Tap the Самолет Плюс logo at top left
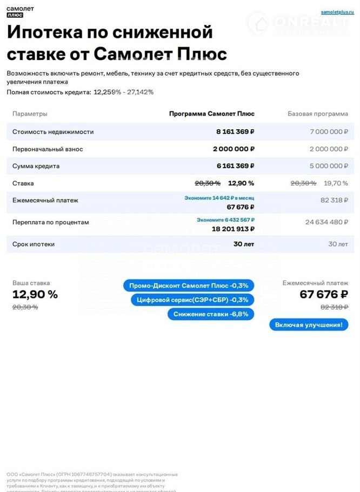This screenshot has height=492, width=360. (x=19, y=12)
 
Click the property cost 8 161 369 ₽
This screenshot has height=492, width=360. (x=235, y=131)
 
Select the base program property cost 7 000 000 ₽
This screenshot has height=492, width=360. (x=329, y=131)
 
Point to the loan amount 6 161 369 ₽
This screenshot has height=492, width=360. (x=235, y=166)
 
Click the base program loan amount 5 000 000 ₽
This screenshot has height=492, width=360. (x=329, y=166)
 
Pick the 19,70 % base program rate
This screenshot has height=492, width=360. (x=336, y=183)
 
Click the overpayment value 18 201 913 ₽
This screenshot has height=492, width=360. (x=232, y=229)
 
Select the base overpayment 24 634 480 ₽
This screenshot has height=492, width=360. (x=326, y=222)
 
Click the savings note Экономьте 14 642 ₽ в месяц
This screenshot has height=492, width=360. (x=219, y=198)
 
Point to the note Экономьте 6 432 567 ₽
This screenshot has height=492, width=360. (x=225, y=220)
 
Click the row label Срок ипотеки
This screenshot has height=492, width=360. (x=34, y=244)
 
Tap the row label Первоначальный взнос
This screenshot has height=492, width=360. (x=48, y=149)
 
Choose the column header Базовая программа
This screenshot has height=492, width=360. (x=318, y=114)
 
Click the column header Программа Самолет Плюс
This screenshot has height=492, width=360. (x=211, y=114)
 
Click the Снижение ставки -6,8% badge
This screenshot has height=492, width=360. (x=210, y=314)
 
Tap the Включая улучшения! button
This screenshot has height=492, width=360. (x=309, y=325)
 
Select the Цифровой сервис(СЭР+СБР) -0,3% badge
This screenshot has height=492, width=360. (x=192, y=300)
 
